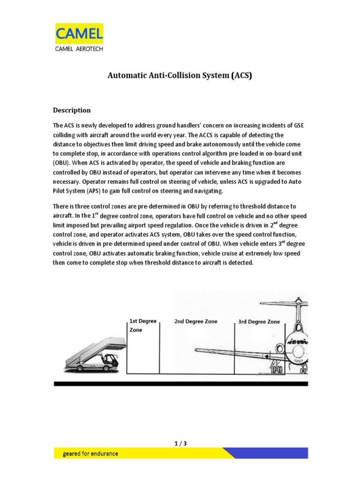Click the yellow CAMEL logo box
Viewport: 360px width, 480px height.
tap(79, 34)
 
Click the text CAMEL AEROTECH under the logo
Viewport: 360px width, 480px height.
tap(79, 48)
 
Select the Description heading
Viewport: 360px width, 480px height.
tap(72, 110)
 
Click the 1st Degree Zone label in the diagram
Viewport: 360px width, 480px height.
tap(142, 325)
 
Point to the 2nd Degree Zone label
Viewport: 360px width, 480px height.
tap(195, 322)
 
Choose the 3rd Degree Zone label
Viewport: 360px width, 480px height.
tap(259, 322)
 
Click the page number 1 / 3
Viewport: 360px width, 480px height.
tap(180, 443)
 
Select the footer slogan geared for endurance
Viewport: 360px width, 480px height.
tap(90, 454)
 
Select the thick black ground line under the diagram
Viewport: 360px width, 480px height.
tap(181, 383)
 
